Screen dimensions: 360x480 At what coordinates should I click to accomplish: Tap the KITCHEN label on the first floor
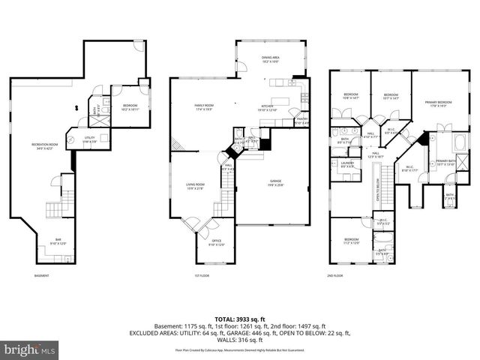[x=268, y=107]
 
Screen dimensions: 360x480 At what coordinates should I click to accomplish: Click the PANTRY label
[x=301, y=120]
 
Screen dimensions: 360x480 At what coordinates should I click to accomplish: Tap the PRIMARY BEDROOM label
[x=438, y=103]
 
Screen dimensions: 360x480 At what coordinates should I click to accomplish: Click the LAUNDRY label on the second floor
[x=346, y=164]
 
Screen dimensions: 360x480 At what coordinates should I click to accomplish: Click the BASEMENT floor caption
[x=41, y=276]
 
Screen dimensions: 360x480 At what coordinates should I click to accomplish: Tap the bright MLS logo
[x=30, y=349]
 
